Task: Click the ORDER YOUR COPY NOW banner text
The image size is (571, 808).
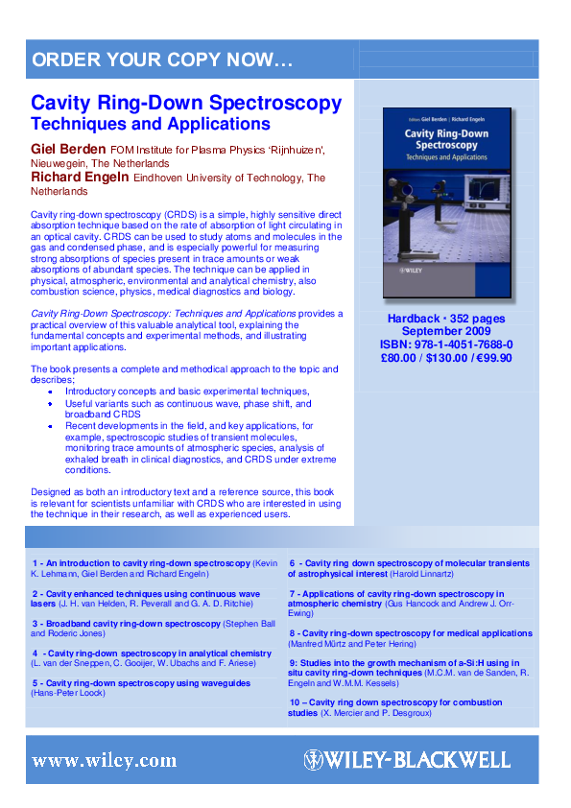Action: [x=162, y=60]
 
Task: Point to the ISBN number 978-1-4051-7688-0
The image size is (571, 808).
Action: [x=446, y=345]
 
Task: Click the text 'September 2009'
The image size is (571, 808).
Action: [x=446, y=331]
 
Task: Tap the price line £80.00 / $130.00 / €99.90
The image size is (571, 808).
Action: [x=446, y=358]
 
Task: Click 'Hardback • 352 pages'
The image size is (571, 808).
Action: [x=446, y=318]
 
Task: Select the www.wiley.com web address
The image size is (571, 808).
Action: [x=104, y=761]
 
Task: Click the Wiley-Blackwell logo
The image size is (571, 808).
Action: [x=407, y=760]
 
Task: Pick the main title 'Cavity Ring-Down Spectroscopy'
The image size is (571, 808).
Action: [x=186, y=104]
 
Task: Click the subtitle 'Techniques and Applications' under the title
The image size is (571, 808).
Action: [x=151, y=125]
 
